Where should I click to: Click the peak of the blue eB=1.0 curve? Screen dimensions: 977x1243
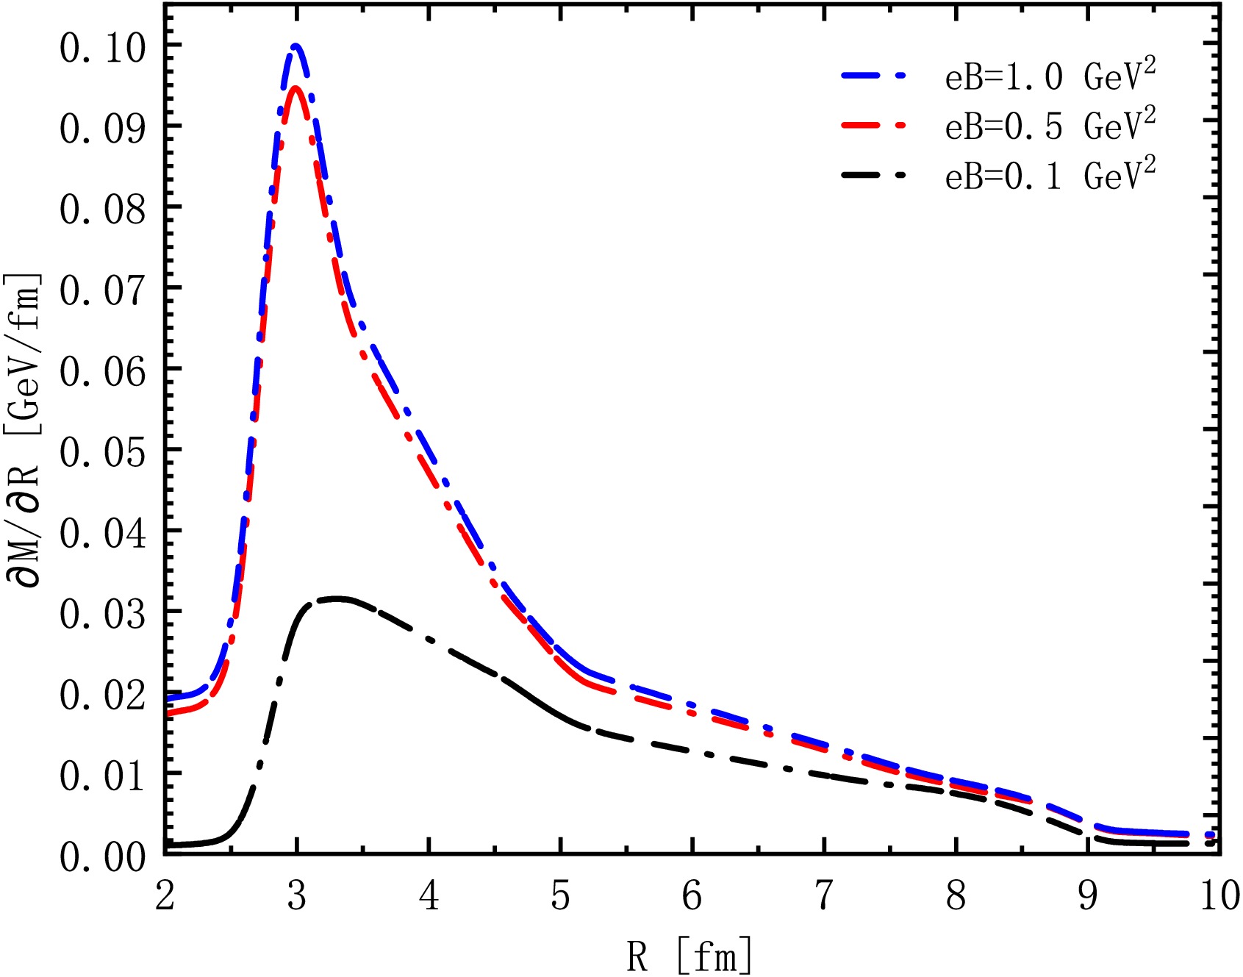point(295,46)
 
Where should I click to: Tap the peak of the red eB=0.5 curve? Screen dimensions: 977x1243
point(295,88)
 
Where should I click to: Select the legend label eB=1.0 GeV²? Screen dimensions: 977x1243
point(1050,76)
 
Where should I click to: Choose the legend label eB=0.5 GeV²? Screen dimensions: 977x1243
point(1050,126)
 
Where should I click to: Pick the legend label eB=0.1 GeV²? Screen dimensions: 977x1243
point(1050,176)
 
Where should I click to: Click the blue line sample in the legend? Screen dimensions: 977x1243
point(874,76)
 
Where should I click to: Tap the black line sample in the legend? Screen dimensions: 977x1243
point(874,176)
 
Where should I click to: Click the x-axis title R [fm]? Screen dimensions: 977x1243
point(689,955)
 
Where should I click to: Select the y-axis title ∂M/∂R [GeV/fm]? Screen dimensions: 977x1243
point(24,430)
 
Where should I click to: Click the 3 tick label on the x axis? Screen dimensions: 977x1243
point(296,896)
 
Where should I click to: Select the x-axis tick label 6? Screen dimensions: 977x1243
point(692,896)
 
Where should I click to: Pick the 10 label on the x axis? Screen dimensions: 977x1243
point(1219,896)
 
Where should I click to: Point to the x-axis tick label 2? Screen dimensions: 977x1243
point(165,896)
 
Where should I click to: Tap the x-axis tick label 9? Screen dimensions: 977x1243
point(1088,896)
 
